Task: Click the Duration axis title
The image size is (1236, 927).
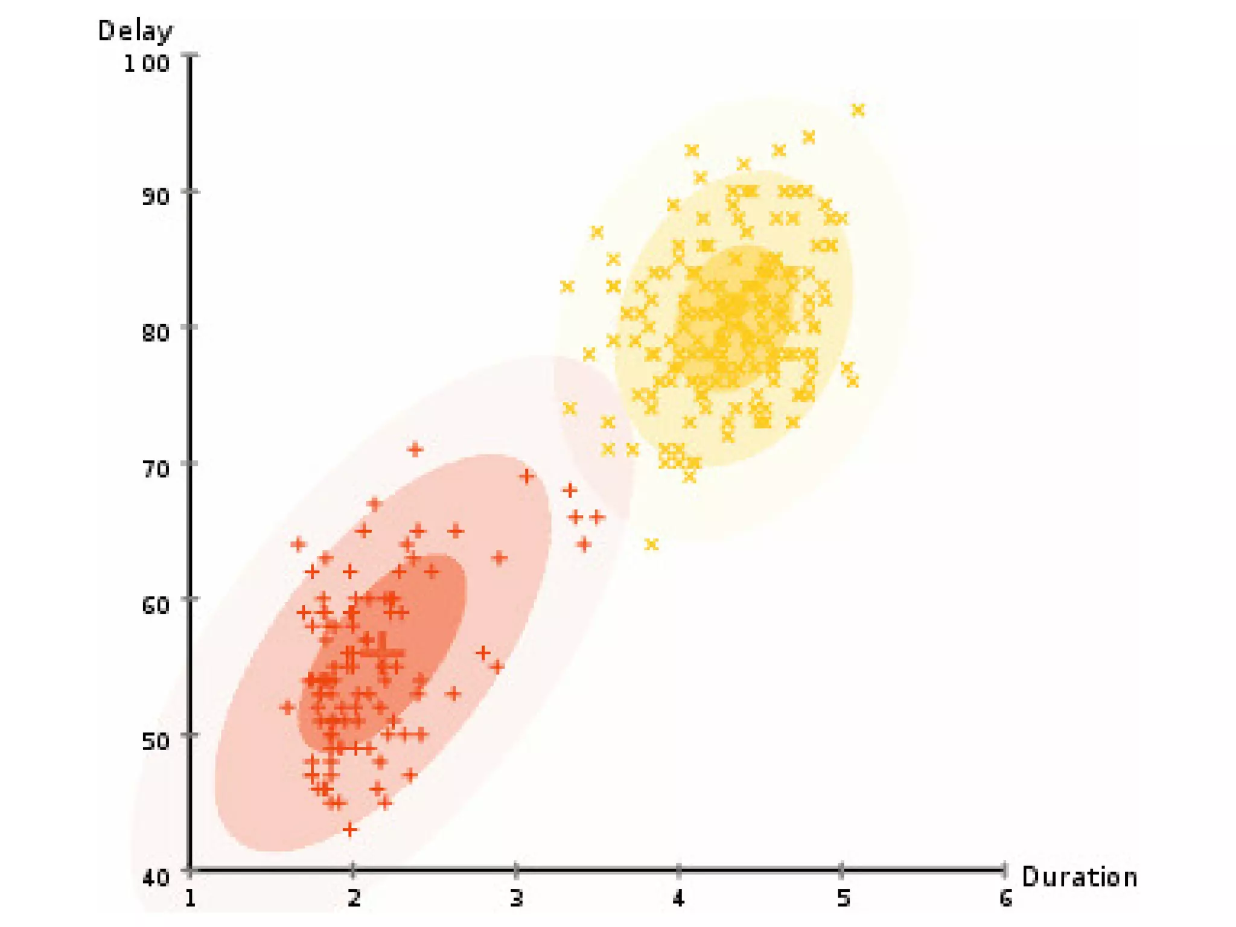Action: pos(1079,878)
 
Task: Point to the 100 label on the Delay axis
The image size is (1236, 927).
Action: pos(146,63)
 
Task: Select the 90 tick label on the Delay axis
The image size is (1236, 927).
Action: pos(155,196)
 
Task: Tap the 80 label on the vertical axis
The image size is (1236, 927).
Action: pos(155,333)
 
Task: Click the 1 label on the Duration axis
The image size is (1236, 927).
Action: pos(190,899)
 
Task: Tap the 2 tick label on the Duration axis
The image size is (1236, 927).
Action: pos(354,899)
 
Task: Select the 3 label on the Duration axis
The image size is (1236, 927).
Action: pos(517,899)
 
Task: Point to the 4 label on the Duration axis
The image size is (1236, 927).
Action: pos(679,899)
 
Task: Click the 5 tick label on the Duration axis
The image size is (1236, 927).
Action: pos(843,899)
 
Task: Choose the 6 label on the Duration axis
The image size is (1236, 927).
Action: pos(1005,899)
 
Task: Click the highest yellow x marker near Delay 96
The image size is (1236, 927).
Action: pos(858,110)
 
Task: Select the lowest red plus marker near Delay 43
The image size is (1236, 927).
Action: pos(349,830)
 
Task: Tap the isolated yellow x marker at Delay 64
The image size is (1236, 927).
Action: pos(651,544)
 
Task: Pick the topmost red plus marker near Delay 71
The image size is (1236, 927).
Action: pos(415,449)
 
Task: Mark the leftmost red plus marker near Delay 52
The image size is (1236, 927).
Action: pos(287,707)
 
